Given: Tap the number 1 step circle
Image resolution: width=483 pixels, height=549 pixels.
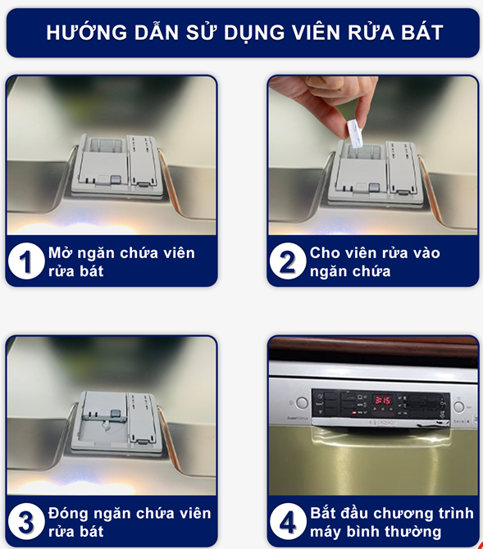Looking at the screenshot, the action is (x=26, y=261).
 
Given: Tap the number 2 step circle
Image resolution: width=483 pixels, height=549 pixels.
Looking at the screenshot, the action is (x=287, y=261).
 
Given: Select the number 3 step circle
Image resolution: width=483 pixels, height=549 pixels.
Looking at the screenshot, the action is (x=26, y=521).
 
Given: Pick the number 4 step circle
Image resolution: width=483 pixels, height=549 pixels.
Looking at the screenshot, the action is (x=287, y=521).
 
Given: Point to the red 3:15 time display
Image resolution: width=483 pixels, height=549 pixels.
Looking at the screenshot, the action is (x=382, y=400).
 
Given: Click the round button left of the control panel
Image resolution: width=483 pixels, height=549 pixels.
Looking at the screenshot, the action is (x=302, y=403).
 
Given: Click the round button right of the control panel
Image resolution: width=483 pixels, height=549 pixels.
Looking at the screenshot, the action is (x=459, y=406).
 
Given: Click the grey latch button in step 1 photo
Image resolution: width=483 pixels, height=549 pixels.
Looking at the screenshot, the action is (x=116, y=180).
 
